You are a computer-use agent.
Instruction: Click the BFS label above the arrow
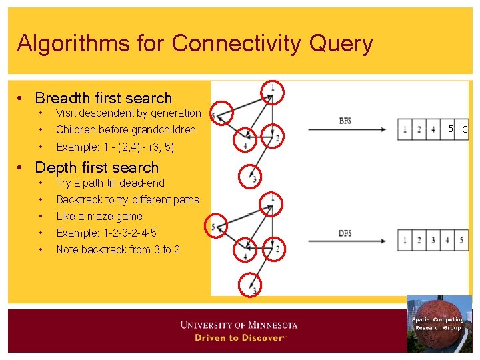tap(345, 121)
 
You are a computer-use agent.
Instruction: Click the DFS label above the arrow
tap(345, 233)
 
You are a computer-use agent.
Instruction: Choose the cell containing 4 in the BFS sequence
tap(433, 129)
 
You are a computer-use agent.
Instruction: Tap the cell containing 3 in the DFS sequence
tap(433, 240)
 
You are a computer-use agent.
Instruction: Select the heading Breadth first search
tap(103, 98)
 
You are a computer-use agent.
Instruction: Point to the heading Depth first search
tap(97, 167)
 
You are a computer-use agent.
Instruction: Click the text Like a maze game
tap(99, 216)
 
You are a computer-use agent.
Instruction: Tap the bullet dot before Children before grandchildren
tap(41, 129)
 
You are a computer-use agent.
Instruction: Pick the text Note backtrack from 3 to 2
tap(118, 249)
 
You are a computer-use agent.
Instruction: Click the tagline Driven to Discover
tap(239, 338)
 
